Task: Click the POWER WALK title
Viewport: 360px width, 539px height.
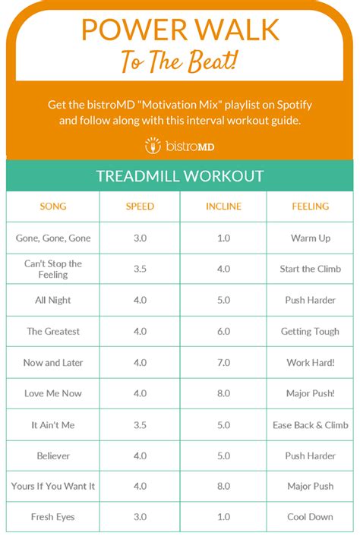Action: coord(180,30)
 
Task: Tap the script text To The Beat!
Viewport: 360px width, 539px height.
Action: coord(180,60)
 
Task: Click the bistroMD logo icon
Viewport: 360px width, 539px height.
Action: coord(153,144)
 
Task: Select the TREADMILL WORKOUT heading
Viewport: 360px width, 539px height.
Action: coord(180,176)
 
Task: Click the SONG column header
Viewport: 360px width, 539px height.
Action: coord(53,206)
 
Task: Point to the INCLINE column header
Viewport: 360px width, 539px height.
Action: coord(223,206)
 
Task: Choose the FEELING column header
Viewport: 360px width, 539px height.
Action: coord(310,206)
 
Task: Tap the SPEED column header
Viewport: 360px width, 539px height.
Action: coord(140,206)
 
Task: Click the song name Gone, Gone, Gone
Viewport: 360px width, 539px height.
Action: coord(53,238)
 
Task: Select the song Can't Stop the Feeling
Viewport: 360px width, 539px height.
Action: coord(53,269)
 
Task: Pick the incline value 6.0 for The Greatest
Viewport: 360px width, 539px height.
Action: coord(223,332)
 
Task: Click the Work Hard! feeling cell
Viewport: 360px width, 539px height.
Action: coord(310,363)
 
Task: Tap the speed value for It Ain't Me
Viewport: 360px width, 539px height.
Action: coord(140,425)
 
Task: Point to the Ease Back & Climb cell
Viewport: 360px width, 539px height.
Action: coord(310,425)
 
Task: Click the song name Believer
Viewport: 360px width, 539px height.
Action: coord(53,456)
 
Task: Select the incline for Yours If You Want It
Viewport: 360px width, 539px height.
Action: coord(223,487)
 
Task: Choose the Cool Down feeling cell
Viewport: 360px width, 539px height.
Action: coord(310,518)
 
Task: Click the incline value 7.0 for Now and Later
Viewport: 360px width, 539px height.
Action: coord(223,363)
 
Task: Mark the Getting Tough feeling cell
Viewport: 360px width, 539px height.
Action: coord(310,332)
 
